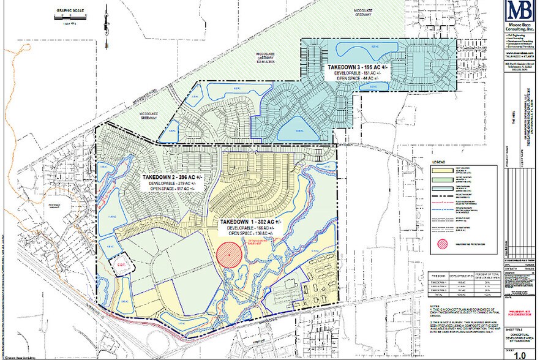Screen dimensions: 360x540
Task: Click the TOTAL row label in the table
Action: tap(437, 295)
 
